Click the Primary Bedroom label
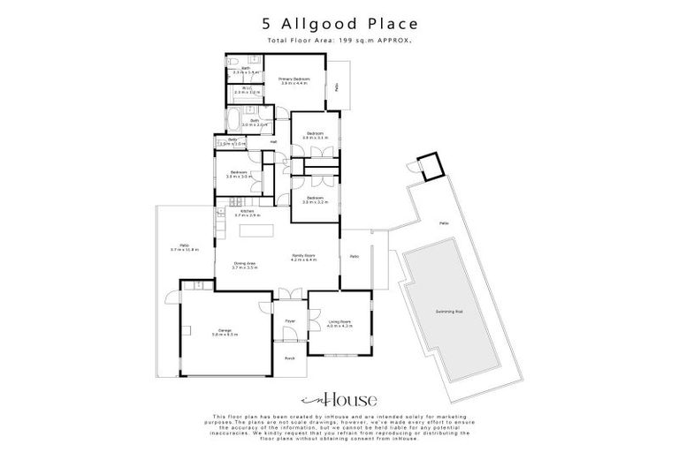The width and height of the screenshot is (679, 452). pyautogui.click(x=294, y=79)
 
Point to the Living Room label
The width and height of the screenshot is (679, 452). pyautogui.click(x=339, y=321)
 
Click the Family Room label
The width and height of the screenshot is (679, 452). pyautogui.click(x=303, y=256)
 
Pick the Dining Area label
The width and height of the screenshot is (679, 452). pyautogui.click(x=245, y=263)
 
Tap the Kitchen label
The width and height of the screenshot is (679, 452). pyautogui.click(x=248, y=211)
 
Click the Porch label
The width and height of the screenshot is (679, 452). pyautogui.click(x=289, y=358)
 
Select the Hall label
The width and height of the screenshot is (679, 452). pyautogui.click(x=273, y=142)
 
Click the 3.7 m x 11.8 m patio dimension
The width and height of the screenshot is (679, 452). pyautogui.click(x=185, y=250)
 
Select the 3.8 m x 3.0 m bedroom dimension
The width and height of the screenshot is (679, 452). pyautogui.click(x=239, y=177)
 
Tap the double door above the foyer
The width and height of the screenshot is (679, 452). pyautogui.click(x=285, y=293)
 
